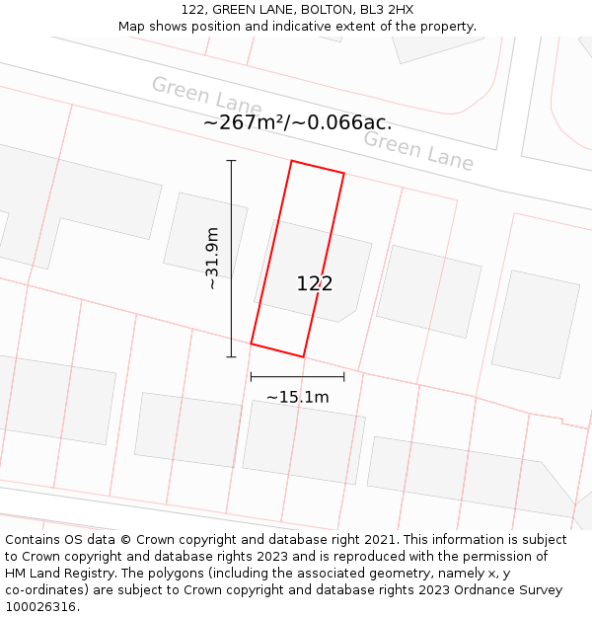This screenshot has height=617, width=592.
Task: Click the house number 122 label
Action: [x=315, y=283]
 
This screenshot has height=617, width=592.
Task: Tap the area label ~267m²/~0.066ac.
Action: [x=297, y=123]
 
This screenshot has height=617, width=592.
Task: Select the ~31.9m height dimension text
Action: [x=211, y=258]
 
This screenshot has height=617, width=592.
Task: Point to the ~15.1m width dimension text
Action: [x=297, y=397]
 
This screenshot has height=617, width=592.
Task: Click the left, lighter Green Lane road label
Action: [x=206, y=97]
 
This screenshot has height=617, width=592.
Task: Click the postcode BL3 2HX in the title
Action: [x=386, y=10]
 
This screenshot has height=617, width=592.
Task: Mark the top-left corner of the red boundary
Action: [x=292, y=161]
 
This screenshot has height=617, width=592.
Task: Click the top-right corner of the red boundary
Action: [x=343, y=174]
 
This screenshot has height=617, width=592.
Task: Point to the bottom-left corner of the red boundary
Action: [x=251, y=344]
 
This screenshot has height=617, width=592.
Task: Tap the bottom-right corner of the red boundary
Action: [x=303, y=356]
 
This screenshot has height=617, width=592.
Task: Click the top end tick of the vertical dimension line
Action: [x=232, y=160]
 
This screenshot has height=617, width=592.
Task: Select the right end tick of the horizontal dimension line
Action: [x=344, y=376]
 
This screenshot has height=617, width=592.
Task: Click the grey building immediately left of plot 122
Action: [x=204, y=234]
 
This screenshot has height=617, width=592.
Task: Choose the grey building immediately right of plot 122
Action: [x=428, y=290]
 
